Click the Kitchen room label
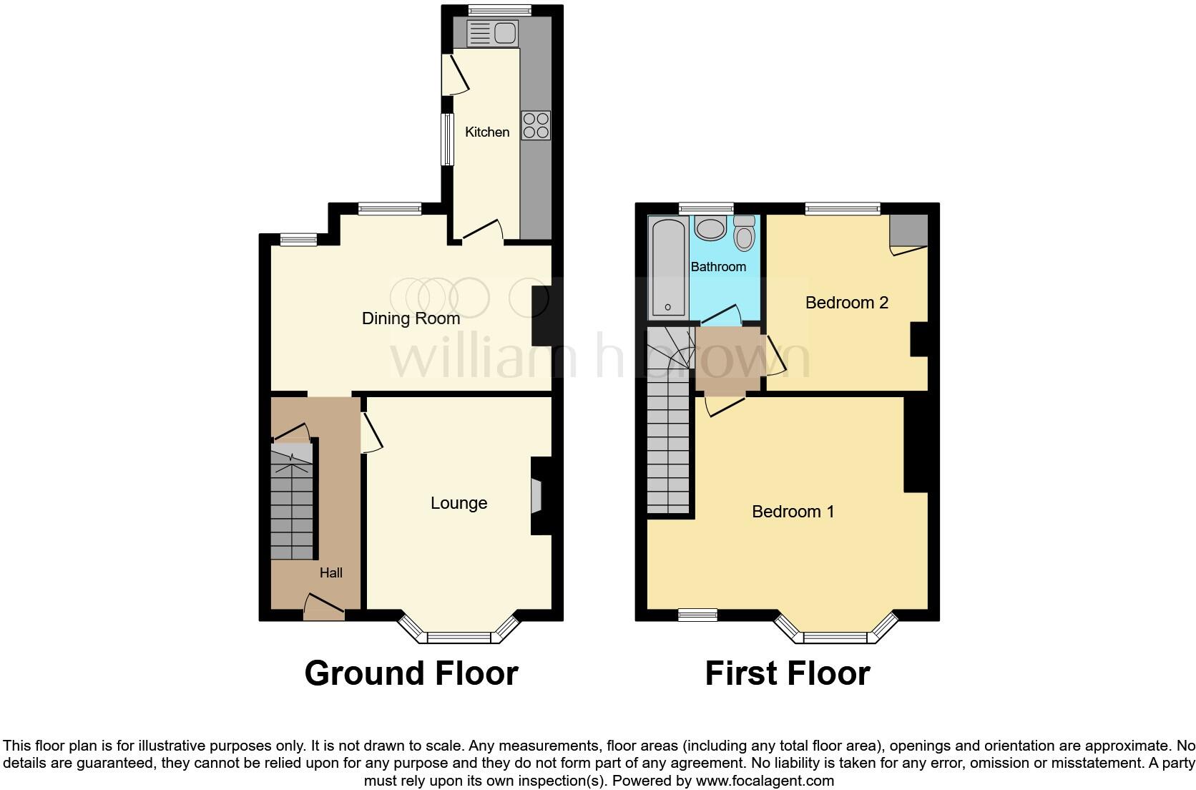(487, 132)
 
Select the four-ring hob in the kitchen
(536, 125)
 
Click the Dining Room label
(411, 318)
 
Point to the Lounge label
(459, 503)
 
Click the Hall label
(330, 572)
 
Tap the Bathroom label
(718, 267)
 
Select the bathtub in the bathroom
(667, 268)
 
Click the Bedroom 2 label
(846, 303)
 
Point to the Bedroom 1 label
(793, 512)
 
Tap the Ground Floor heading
(411, 673)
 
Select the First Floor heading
(787, 673)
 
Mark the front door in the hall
(324, 608)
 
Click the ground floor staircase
(293, 501)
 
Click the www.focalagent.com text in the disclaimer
(765, 780)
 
